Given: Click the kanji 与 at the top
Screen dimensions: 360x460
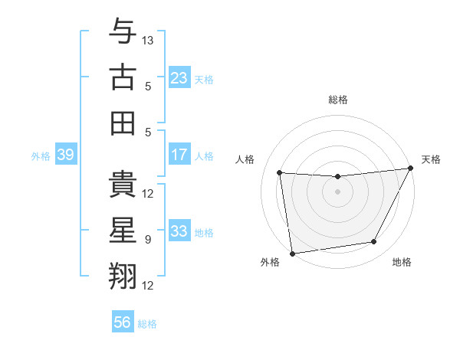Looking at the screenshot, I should tap(123, 33).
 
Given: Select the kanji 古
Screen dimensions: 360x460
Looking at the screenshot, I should tap(123, 78).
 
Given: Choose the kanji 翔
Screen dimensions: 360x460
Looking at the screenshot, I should tap(123, 277).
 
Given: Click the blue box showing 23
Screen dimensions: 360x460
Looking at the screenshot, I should tap(179, 77).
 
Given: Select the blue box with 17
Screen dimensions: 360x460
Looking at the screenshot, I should tap(179, 155).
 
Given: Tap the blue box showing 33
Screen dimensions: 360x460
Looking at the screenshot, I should tap(179, 231).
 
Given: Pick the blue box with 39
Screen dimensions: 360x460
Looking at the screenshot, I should tap(65, 155).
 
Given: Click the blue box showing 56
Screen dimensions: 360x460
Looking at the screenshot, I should tap(123, 322).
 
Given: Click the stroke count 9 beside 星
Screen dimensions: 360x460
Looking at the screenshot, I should tap(148, 240).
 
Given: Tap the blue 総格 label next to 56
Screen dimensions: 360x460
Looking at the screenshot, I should tap(147, 324).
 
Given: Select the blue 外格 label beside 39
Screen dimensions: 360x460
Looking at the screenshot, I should tap(41, 155).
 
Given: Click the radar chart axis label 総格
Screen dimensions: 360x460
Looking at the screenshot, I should tap(337, 100).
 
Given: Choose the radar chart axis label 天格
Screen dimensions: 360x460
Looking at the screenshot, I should tap(431, 159).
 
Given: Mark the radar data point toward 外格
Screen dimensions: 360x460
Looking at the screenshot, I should tap(291, 253).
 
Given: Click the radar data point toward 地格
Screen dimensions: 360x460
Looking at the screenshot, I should tap(374, 242).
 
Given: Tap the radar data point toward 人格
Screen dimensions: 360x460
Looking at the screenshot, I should tap(280, 173).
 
